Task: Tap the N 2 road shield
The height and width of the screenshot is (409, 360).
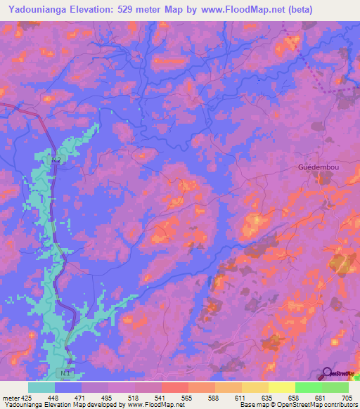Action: point(56,160)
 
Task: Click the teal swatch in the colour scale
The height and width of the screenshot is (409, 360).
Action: point(41,387)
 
